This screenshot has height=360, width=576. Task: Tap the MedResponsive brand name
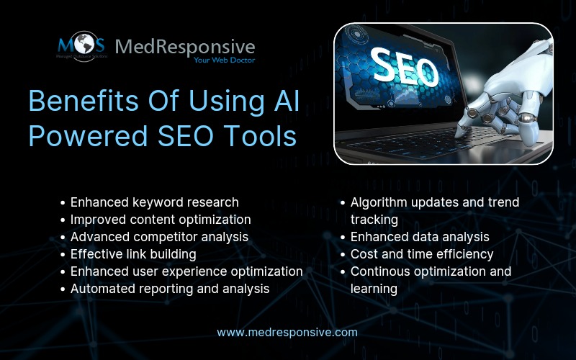pyautogui.click(x=185, y=47)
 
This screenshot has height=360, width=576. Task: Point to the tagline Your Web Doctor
pyautogui.click(x=224, y=60)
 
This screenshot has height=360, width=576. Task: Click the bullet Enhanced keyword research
pyautogui.click(x=154, y=202)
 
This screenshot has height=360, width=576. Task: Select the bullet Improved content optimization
pyautogui.click(x=161, y=220)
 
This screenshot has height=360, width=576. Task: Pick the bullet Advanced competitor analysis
pyautogui.click(x=159, y=237)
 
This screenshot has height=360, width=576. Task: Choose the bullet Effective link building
pyautogui.click(x=133, y=254)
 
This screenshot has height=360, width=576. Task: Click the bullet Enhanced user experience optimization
pyautogui.click(x=186, y=271)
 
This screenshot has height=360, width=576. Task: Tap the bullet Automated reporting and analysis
pyautogui.click(x=170, y=289)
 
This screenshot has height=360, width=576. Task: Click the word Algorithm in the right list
pyautogui.click(x=380, y=202)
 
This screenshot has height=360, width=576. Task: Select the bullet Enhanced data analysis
pyautogui.click(x=420, y=237)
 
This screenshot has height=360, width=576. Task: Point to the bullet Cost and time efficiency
pyautogui.click(x=422, y=254)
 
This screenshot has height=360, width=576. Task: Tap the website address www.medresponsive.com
pyautogui.click(x=287, y=332)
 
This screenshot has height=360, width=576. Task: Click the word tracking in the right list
pyautogui.click(x=374, y=220)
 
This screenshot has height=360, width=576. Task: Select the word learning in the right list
pyautogui.click(x=374, y=289)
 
